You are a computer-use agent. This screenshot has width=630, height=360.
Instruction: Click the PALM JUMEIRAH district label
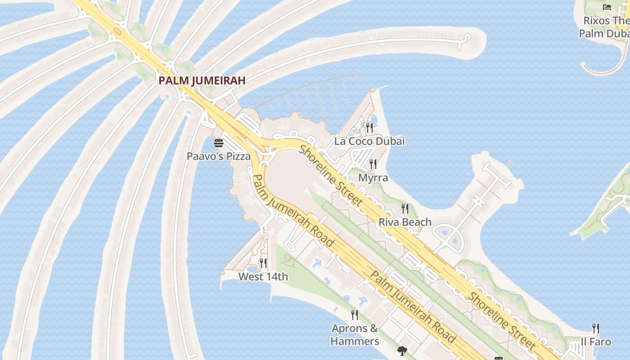202,81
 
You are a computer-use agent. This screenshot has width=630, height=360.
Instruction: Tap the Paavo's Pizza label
219,157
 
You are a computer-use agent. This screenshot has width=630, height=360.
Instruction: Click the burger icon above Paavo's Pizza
219,143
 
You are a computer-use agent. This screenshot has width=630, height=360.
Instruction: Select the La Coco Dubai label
369,141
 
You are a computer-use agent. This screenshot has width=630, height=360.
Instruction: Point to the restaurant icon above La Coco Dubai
369,128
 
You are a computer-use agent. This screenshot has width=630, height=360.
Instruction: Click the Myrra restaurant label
373,178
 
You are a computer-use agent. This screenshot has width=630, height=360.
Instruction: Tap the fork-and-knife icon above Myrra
373,164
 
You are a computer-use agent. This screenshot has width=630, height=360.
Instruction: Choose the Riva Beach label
405,222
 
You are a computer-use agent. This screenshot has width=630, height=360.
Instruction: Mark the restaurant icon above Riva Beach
405,208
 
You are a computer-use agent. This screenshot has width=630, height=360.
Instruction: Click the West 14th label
263,276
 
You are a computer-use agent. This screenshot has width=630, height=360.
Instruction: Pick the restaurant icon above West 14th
263,263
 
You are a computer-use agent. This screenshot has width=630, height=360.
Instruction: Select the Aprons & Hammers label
355,335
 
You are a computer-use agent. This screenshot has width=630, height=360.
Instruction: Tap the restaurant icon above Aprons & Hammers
355,315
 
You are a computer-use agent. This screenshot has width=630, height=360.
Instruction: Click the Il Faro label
596,342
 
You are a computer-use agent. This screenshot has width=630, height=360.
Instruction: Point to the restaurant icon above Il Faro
596,328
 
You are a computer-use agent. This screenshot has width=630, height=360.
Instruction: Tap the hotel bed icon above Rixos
607,7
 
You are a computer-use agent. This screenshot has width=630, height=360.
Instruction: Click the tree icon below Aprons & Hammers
402,351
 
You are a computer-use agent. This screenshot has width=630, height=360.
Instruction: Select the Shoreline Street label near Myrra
331,175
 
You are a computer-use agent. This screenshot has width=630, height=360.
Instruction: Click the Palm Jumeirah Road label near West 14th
293,211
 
